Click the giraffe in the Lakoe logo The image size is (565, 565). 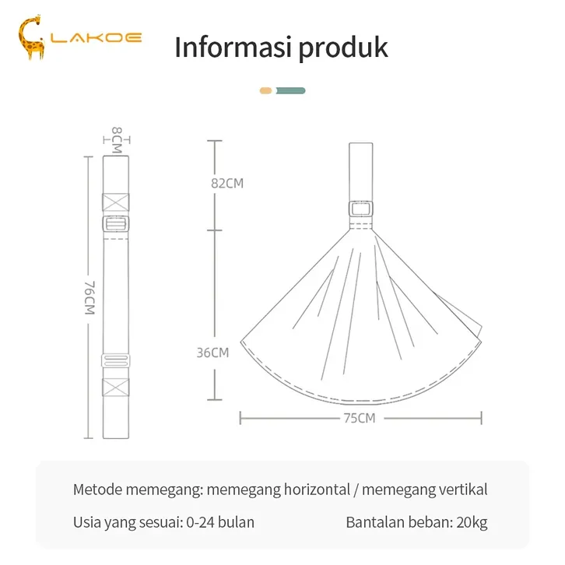pyautogui.click(x=31, y=37)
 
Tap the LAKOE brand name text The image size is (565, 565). pyautogui.click(x=96, y=37)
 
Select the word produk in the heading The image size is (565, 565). pyautogui.click(x=343, y=47)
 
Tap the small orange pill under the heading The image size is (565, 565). pyautogui.click(x=265, y=91)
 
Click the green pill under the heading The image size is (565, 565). pyautogui.click(x=291, y=91)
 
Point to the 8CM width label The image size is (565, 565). pyautogui.click(x=117, y=140)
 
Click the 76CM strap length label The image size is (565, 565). pyautogui.click(x=89, y=297)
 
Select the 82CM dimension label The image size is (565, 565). pyautogui.click(x=227, y=184)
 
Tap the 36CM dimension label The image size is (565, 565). pyautogui.click(x=213, y=353)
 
